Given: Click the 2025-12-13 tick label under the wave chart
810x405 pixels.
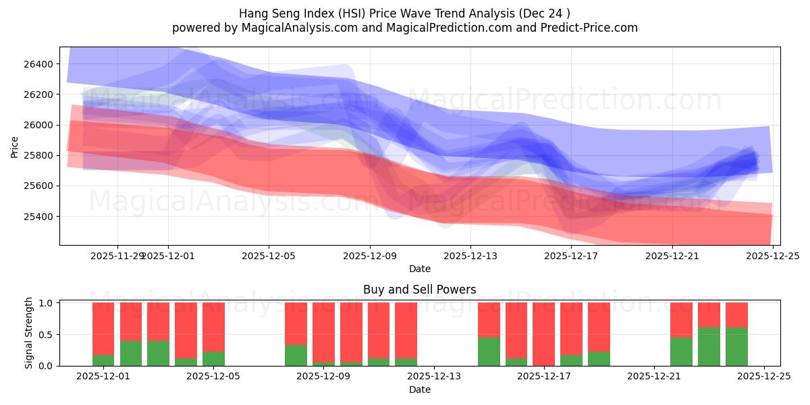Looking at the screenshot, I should tap(470, 256).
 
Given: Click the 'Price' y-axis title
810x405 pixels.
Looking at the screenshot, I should tap(15, 146).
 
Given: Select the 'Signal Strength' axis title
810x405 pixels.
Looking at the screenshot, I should tap(28, 333).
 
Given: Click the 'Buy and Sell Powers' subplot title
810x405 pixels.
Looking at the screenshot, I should tap(419, 290).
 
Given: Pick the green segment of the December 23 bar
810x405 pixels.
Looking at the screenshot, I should tap(709, 346).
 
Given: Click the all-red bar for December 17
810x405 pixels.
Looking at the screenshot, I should tap(543, 334).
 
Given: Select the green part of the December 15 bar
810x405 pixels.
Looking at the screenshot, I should tap(489, 352).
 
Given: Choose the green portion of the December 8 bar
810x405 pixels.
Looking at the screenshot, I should tap(296, 355).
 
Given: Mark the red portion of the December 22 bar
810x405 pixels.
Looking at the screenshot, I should tap(681, 319).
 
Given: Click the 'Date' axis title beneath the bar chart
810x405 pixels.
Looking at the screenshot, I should tap(419, 389).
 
